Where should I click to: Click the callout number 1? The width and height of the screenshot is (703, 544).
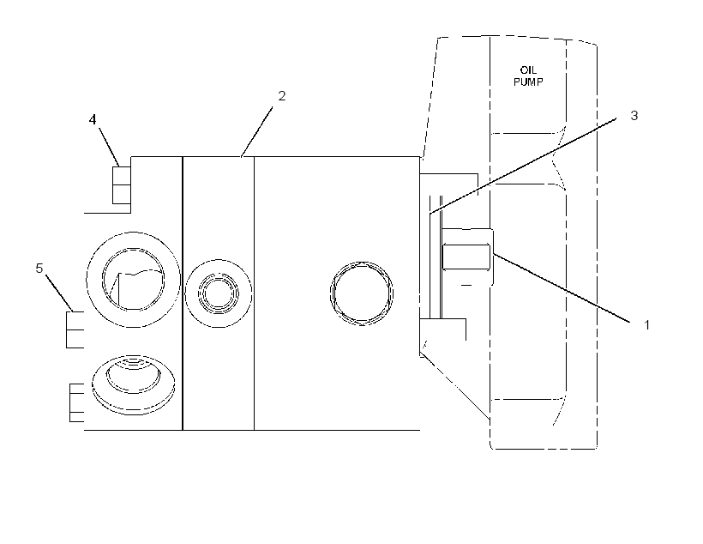click(646, 324)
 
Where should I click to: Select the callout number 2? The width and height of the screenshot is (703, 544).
click(281, 95)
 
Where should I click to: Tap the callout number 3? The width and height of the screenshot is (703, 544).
click(634, 115)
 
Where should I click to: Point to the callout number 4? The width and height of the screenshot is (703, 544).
click(93, 119)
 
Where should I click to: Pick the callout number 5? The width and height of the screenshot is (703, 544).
click(39, 268)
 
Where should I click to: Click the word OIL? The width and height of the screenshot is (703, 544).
click(528, 70)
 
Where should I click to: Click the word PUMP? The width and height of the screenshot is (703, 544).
click(528, 82)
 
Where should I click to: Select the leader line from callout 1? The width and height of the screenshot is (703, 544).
click(562, 287)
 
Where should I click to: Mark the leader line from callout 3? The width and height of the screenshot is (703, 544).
click(523, 166)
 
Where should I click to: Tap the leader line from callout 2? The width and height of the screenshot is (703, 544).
click(257, 131)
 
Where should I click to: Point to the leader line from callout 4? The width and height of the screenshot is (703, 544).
click(109, 147)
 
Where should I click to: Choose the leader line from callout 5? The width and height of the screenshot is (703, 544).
click(59, 293)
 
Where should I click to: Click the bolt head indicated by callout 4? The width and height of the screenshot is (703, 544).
click(121, 185)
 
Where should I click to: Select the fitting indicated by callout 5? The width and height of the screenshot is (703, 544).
click(75, 329)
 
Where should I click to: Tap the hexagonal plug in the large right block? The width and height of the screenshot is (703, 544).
click(362, 293)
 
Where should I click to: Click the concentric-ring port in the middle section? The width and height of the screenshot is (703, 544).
click(219, 293)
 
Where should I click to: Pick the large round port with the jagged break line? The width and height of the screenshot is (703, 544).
click(133, 280)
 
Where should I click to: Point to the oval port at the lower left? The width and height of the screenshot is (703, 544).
click(133, 385)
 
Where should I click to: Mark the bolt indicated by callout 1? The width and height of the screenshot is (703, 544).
click(467, 257)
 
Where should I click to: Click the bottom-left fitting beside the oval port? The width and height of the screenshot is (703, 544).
click(76, 402)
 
